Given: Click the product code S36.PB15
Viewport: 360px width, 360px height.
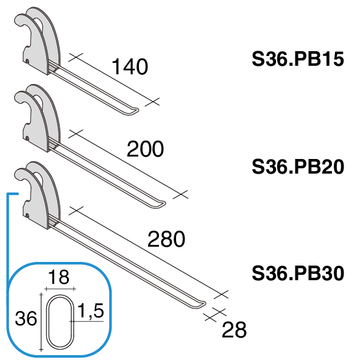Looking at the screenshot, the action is (298, 59).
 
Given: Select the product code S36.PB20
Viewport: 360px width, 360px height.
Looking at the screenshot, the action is (298, 166).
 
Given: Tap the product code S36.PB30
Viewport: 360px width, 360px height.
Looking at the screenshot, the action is (298, 274).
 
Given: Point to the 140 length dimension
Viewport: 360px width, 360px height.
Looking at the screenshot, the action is (130, 66).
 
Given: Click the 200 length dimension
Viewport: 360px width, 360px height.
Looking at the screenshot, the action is (145, 149).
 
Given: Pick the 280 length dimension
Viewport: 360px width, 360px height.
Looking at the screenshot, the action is (166, 239).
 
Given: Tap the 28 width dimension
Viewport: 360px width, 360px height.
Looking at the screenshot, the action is (234, 330).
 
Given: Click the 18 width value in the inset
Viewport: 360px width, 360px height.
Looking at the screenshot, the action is (58, 277).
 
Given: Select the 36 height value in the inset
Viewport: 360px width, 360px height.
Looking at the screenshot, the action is (26, 319).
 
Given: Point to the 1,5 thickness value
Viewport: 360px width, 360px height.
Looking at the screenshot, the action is (91, 311).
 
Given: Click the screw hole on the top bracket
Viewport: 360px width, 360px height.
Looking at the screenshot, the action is (27, 61).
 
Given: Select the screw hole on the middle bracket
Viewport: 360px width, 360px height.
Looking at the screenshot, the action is (27, 138).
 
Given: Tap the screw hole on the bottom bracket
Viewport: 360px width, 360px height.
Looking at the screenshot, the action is (27, 216).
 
